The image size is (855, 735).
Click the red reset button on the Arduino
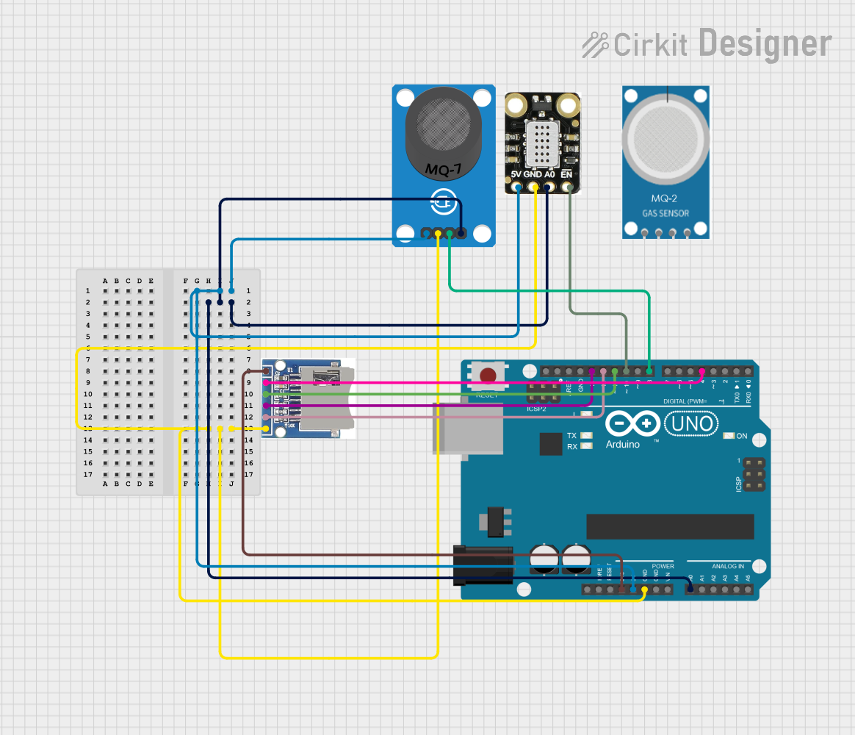click(x=487, y=376)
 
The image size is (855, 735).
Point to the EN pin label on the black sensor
click(x=566, y=175)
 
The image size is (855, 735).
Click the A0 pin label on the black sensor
click(x=549, y=175)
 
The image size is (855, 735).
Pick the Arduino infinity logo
click(x=632, y=423)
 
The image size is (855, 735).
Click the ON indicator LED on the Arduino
click(x=729, y=436)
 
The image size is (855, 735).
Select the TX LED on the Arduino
click(x=586, y=436)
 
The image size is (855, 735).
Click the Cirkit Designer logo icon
click(x=595, y=44)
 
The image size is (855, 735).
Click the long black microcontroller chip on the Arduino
click(x=670, y=526)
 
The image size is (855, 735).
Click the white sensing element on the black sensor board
click(x=541, y=143)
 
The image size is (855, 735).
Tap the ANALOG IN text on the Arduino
click(x=727, y=567)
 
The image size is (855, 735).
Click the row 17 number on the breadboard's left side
click(x=88, y=474)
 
